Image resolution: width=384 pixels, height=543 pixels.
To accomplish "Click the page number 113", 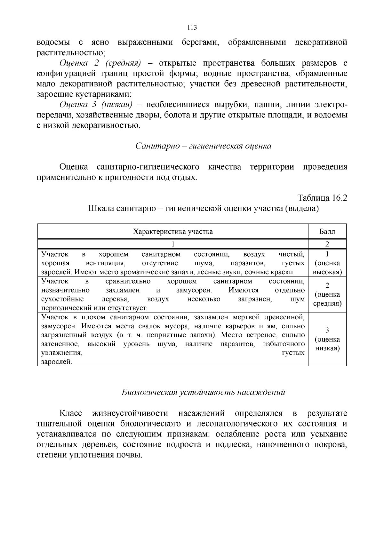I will (192, 28).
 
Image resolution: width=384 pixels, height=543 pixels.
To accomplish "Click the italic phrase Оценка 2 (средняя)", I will (100, 63).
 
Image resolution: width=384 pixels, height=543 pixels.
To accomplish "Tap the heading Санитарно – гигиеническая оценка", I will (203, 146).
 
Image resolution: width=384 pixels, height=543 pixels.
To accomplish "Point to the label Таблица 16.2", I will (322, 198).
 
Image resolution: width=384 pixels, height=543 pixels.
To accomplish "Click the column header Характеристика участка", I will (173, 231).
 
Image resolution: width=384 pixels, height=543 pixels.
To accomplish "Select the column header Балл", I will (327, 231).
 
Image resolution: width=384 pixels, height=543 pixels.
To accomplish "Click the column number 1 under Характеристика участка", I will (173, 244).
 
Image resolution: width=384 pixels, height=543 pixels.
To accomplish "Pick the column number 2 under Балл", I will (327, 244).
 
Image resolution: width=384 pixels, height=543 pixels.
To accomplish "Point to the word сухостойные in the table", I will (62, 299).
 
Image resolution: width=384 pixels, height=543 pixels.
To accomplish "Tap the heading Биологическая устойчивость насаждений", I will (203, 392).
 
